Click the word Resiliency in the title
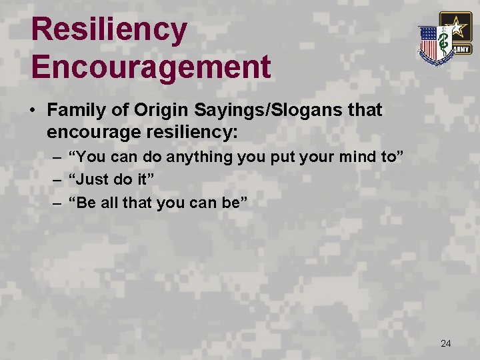coord(109,30)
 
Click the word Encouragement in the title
coord(151,67)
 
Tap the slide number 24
coord(446,343)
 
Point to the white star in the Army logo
coord(455,27)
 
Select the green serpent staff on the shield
coord(442,45)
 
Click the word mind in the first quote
coord(361,158)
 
